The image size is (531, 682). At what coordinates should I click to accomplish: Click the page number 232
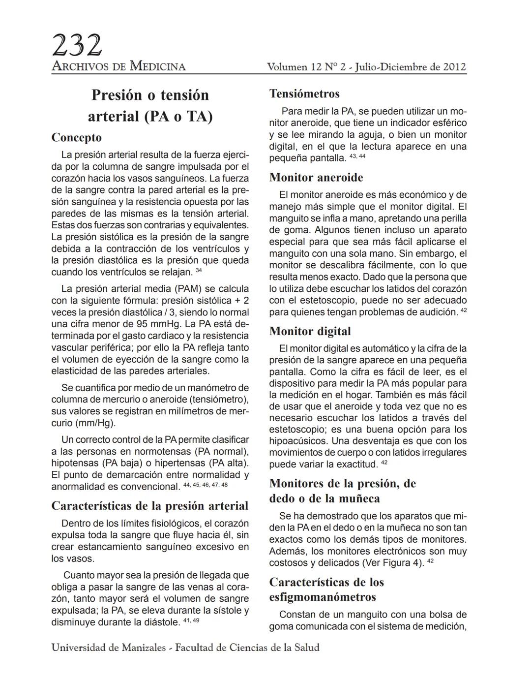click(x=77, y=45)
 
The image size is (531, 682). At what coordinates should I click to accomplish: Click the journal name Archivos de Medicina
click(x=118, y=66)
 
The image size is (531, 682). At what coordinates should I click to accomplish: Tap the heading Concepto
click(x=77, y=138)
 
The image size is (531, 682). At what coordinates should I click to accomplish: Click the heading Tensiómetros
click(x=304, y=94)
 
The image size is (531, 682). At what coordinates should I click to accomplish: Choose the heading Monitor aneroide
click(x=316, y=178)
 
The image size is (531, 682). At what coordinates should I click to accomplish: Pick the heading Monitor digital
click(x=310, y=331)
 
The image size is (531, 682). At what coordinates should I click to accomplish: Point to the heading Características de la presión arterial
click(x=150, y=506)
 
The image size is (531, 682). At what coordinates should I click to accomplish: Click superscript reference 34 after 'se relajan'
click(x=199, y=270)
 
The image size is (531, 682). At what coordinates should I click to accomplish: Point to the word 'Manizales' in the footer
click(x=140, y=648)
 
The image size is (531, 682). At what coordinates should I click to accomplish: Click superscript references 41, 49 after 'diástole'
click(x=191, y=620)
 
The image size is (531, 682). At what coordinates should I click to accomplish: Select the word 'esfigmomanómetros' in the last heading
click(x=323, y=597)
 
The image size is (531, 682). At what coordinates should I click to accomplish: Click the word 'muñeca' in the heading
click(x=355, y=498)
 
